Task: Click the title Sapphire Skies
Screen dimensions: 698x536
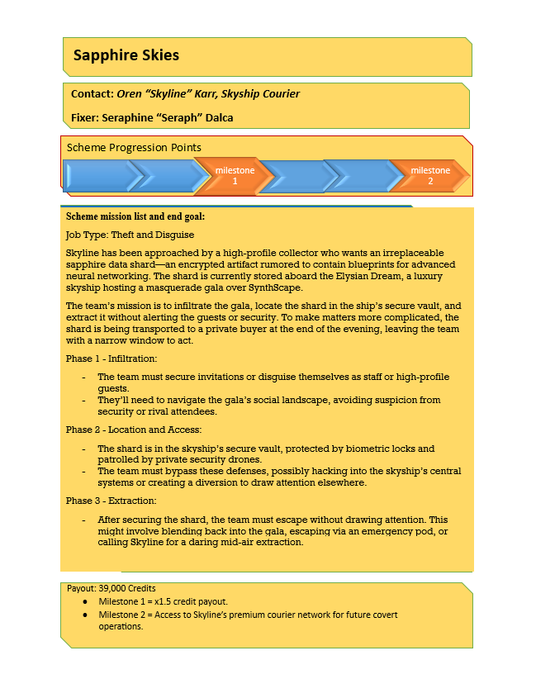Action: pyautogui.click(x=126, y=56)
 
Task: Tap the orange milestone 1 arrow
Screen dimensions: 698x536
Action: pyautogui.click(x=234, y=175)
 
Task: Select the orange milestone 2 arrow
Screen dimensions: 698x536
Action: pyautogui.click(x=430, y=175)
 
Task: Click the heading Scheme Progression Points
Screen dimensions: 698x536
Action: pyautogui.click(x=134, y=147)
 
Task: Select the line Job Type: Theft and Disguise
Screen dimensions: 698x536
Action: pyautogui.click(x=124, y=235)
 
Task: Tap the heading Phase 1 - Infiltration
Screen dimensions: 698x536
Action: pyautogui.click(x=111, y=359)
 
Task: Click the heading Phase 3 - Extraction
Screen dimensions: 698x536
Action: pyautogui.click(x=110, y=501)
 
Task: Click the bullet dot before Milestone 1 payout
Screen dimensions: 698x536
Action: pyautogui.click(x=86, y=602)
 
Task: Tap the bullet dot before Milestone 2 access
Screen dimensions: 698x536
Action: pyautogui.click(x=86, y=615)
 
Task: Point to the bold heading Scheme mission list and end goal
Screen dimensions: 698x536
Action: pyautogui.click(x=135, y=216)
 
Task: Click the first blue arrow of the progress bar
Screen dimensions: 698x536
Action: pyautogui.click(x=95, y=175)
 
